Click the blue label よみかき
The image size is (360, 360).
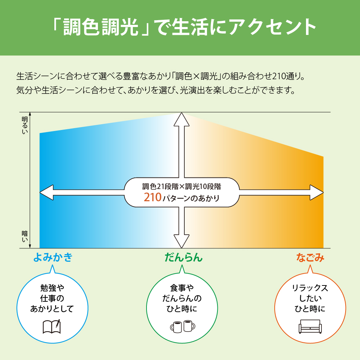click(x=53, y=257)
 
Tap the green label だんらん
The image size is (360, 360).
click(x=184, y=257)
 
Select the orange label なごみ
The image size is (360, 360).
click(x=310, y=257)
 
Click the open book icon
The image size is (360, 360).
click(x=52, y=327)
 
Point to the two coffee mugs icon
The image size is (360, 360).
click(x=183, y=326)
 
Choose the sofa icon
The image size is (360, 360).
click(x=310, y=326)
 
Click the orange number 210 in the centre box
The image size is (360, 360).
click(x=153, y=197)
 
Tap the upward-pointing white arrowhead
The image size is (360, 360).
click(x=181, y=120)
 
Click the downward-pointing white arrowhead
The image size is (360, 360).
click(x=181, y=241)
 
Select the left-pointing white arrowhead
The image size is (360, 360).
click(x=46, y=192)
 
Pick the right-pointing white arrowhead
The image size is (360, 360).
click(x=316, y=192)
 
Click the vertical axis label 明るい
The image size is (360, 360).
click(x=24, y=125)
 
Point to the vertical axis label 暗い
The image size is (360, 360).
click(x=24, y=237)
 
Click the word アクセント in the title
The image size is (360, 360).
click(x=272, y=27)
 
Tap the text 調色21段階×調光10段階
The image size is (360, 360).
click(x=181, y=186)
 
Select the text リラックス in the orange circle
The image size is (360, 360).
click(x=310, y=288)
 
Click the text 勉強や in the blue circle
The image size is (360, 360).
click(x=52, y=288)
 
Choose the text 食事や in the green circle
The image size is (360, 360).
click(x=182, y=288)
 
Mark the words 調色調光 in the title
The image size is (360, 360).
click(x=101, y=27)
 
